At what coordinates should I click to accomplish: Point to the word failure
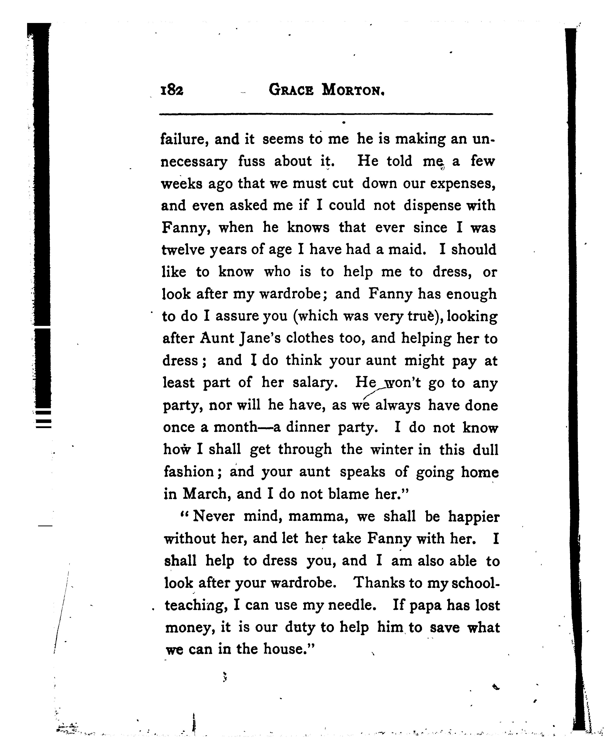[x=184, y=139]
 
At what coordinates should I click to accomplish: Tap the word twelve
[x=183, y=250]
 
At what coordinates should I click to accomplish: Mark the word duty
[x=301, y=627]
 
